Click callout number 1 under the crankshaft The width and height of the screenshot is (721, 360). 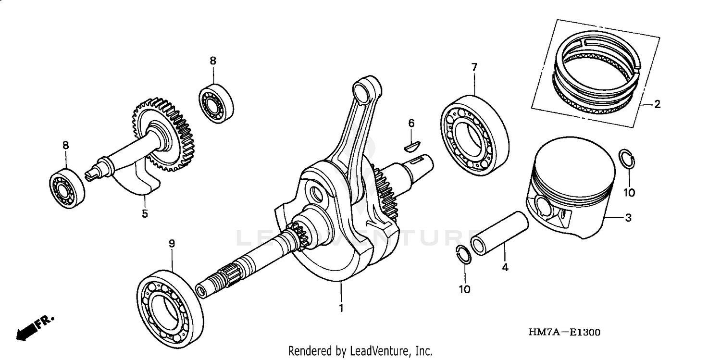[x=341, y=308]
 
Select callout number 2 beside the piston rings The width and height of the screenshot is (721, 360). [x=657, y=104]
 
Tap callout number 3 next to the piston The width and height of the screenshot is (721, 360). [x=628, y=218]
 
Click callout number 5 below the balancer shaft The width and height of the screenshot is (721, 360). [x=145, y=213]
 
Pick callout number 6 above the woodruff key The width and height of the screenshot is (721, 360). [x=411, y=124]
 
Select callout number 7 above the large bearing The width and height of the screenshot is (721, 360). [x=474, y=68]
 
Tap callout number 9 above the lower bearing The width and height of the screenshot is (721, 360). [x=172, y=244]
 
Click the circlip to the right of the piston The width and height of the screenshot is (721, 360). [x=627, y=159]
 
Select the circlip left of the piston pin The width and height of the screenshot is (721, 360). [x=463, y=254]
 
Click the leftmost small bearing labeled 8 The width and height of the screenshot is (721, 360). [x=67, y=188]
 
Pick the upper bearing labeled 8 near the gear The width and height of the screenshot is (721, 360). [x=216, y=103]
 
